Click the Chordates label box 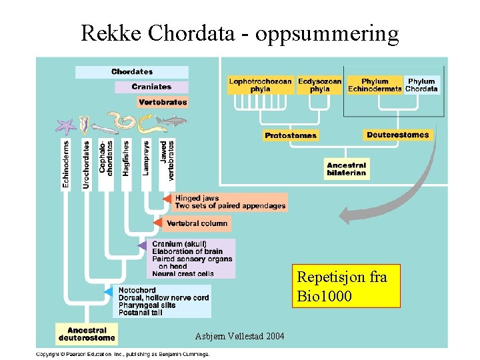pos(131,72)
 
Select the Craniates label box pos(151,87)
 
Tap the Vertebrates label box pos(163,103)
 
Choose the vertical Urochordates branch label pos(87,163)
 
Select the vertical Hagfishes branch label pos(127,159)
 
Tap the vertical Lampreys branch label pos(146,158)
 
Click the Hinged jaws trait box pos(230,202)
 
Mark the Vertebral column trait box pos(197,223)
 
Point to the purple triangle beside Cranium pos(142,245)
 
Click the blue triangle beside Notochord pos(108,292)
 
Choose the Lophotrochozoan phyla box pos(260,85)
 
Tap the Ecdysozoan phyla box pos(319,85)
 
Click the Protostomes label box pos(291,135)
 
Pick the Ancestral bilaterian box pos(346,169)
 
